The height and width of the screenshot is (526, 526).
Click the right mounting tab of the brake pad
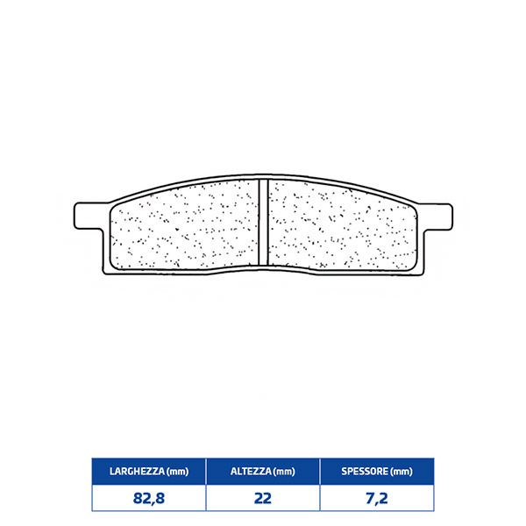pos(437,217)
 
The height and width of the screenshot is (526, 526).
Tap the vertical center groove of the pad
pos(263,222)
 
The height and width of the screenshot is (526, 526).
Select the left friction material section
pos(184,225)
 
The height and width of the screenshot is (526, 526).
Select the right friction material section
pos(342,225)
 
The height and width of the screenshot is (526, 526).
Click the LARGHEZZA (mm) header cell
pos(149,472)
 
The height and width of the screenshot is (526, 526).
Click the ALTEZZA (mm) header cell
pos(263,472)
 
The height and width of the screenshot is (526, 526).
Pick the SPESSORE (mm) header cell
pos(377,472)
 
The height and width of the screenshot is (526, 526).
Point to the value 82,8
pos(149,498)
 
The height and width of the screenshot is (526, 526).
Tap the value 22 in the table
pos(263,498)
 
